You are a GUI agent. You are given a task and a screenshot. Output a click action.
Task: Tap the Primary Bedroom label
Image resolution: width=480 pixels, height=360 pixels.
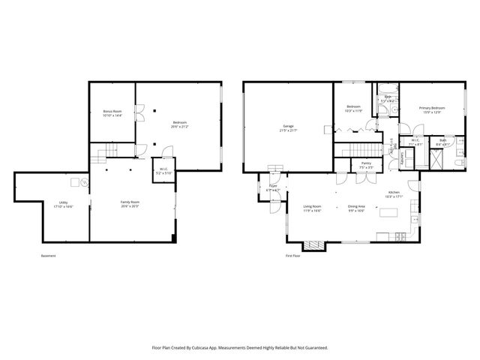coord(432,108)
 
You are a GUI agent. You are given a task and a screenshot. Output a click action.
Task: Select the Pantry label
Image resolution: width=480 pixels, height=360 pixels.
coord(366,162)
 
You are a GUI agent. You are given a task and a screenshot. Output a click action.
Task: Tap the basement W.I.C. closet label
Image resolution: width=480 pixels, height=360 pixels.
coord(163,169)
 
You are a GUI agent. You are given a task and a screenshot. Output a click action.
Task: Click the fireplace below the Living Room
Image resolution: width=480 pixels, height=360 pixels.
coord(314,244)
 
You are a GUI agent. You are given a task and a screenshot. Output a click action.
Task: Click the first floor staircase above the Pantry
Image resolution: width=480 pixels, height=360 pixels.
coord(358,150)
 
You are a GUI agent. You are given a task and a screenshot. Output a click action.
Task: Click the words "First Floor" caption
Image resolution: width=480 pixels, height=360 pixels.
coord(294,256)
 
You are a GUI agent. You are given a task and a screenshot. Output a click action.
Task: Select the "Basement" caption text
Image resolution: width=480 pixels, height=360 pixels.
coord(49,256)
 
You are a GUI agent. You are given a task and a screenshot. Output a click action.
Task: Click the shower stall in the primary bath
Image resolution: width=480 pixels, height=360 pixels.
coord(435,158)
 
